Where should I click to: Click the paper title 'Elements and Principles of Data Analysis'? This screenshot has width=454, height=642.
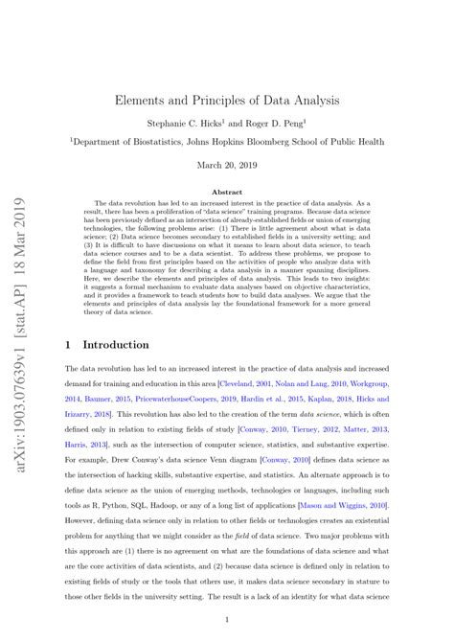tap(226, 99)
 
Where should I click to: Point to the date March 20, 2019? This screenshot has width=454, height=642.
tap(226, 165)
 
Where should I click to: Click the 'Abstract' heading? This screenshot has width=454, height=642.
tap(226, 192)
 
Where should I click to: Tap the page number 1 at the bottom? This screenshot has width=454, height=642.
tap(226, 620)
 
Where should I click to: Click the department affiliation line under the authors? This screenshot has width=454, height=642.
tap(226, 141)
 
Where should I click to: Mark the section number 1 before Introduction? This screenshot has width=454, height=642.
tap(68, 344)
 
